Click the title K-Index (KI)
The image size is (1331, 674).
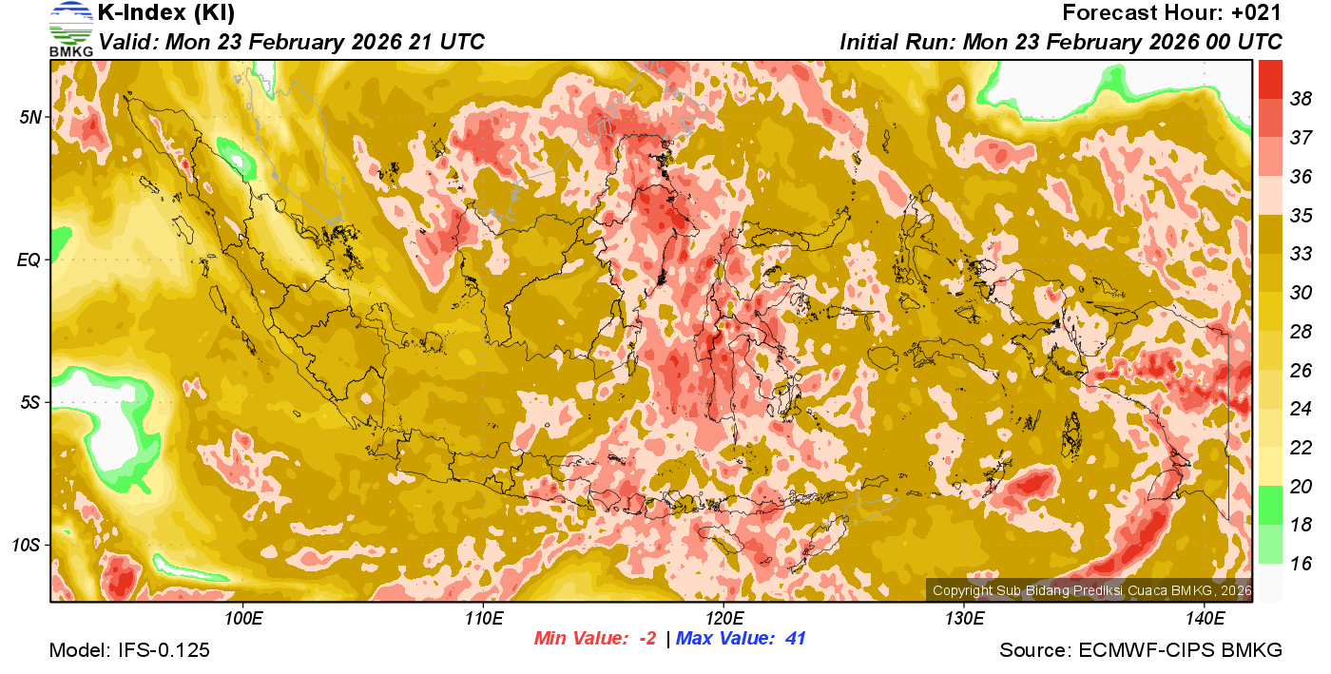[166, 13]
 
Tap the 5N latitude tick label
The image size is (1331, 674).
[29, 117]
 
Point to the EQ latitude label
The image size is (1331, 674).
[29, 260]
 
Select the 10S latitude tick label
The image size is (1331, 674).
[26, 546]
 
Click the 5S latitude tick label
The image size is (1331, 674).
[29, 403]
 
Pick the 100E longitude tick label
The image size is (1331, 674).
[243, 619]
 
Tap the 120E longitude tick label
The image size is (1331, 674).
[723, 619]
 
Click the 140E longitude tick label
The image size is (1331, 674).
[1205, 619]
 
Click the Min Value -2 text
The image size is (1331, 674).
[595, 639]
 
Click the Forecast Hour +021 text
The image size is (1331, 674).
[1172, 13]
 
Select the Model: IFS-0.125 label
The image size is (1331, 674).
[129, 650]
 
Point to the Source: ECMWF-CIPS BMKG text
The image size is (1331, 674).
[1141, 650]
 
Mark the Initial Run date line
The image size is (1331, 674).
[1061, 42]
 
